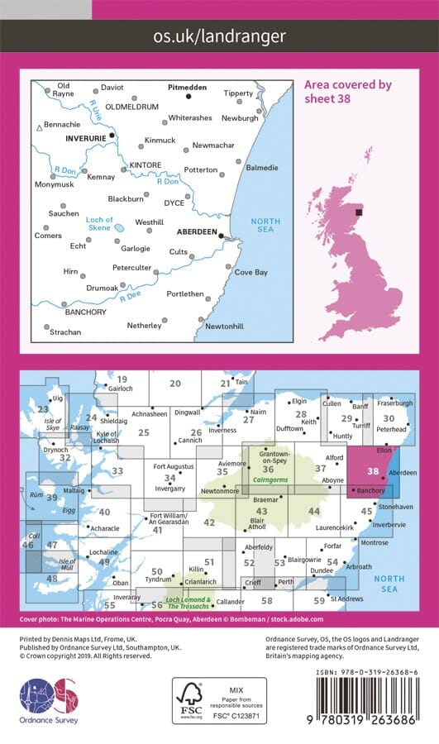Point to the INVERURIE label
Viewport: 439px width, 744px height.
click(86, 138)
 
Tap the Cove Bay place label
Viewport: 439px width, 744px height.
click(251, 272)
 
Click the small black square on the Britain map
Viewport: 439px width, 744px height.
click(358, 212)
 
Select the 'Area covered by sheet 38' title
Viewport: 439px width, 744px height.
click(348, 91)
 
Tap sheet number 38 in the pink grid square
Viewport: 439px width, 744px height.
click(374, 473)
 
